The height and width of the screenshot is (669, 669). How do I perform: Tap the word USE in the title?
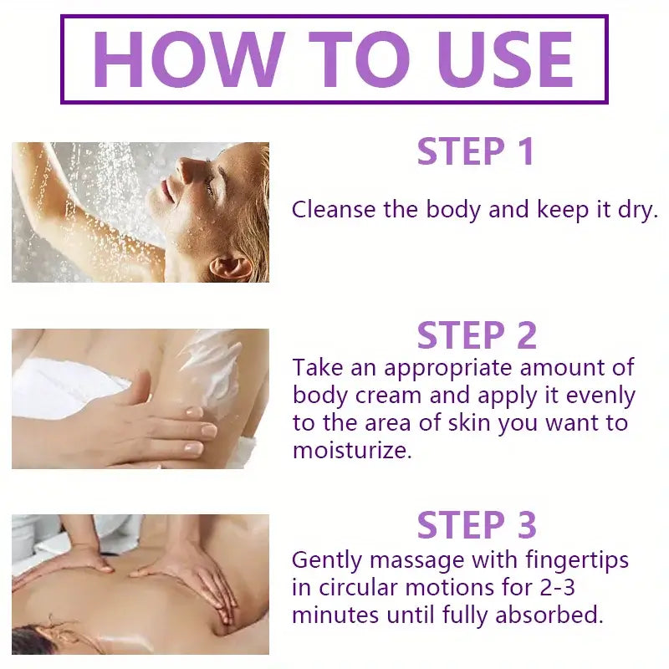505,59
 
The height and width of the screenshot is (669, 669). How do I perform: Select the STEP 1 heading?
476,151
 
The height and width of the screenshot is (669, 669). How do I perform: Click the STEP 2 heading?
477,335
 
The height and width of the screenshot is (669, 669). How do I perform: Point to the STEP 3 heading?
477,525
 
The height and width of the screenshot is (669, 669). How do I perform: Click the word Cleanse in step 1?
334,210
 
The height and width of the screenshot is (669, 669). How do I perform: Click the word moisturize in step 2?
351,451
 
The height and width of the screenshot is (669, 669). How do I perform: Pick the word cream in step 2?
388,396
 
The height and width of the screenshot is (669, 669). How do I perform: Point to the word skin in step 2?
469,422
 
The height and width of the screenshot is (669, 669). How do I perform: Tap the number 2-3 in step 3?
558,588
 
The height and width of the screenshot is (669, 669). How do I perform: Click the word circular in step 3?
359,588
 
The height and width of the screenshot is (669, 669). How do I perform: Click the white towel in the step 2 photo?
64,389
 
